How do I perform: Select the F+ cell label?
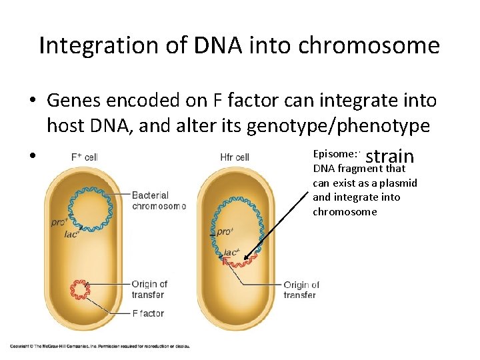point(85,157)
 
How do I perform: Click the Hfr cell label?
point(235,157)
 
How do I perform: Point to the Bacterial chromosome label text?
point(159,201)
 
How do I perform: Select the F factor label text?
point(148,313)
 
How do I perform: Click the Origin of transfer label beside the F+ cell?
point(149,289)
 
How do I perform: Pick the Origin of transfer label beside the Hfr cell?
point(301,290)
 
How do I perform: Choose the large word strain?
point(390,156)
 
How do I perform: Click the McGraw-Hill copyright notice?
point(99,345)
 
